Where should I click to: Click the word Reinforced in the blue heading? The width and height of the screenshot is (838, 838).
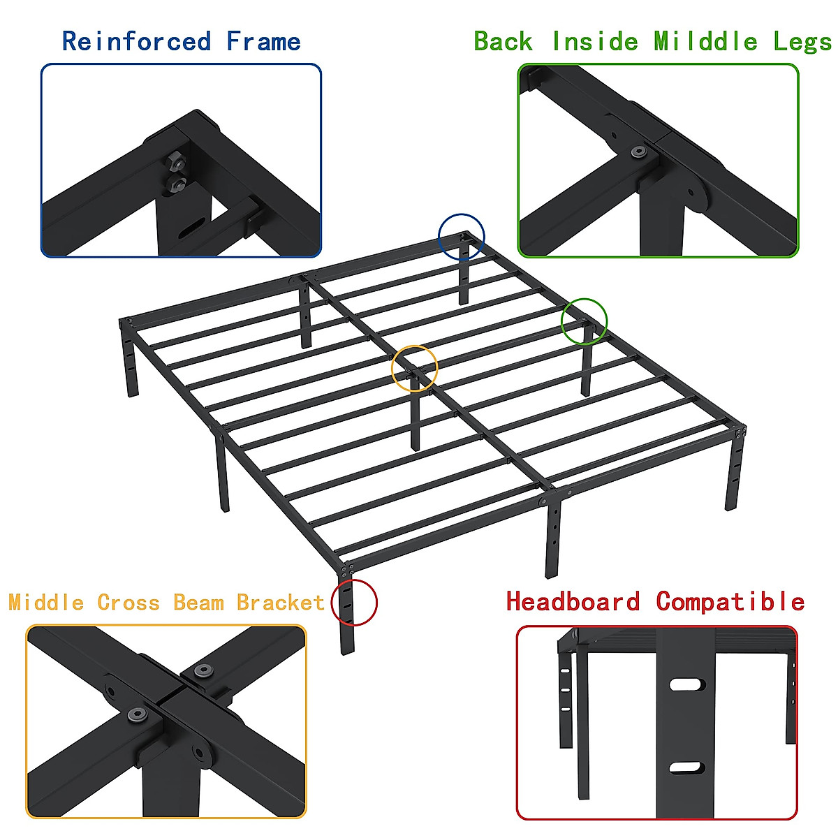tap(136, 42)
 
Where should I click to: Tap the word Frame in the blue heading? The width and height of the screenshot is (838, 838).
tap(263, 42)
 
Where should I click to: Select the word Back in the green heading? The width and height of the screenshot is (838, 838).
tap(503, 42)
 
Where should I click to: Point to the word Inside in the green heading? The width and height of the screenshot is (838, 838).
tap(595, 42)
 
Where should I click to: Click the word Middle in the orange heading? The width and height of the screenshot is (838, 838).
tap(46, 602)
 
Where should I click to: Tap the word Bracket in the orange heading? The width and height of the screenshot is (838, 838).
tap(280, 602)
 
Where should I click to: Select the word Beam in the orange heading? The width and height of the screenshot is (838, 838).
tap(198, 602)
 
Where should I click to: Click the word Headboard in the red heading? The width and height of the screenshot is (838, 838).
tap(573, 601)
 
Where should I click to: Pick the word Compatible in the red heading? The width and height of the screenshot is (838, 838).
tap(730, 601)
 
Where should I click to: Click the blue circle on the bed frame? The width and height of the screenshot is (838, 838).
tap(461, 237)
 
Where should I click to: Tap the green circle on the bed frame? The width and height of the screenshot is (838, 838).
tap(585, 321)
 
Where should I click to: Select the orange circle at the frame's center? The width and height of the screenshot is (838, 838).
tap(415, 368)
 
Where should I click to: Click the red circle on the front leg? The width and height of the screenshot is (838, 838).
tap(354, 602)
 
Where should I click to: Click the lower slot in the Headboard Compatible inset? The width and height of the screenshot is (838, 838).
tap(686, 768)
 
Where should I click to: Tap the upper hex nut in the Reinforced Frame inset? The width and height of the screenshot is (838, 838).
tap(177, 163)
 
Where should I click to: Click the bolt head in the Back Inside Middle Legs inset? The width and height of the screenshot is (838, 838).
tap(637, 152)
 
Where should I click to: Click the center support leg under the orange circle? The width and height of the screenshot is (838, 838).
tap(416, 419)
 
